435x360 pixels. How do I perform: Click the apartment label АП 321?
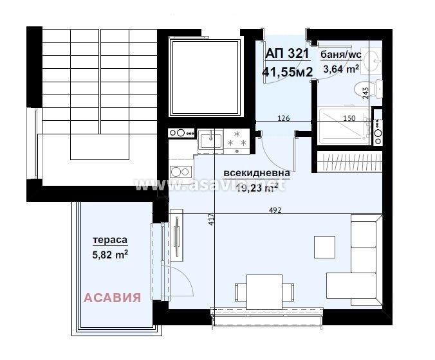click(x=287, y=54)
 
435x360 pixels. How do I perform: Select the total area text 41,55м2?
click(x=287, y=71)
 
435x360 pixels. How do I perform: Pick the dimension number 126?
click(x=282, y=118)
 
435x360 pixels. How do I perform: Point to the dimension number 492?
click(x=275, y=210)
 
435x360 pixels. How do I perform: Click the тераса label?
click(x=110, y=240)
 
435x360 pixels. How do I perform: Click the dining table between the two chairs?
click(x=263, y=290)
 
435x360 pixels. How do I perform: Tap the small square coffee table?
click(x=324, y=246)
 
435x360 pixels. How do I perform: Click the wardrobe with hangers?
click(x=351, y=161)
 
